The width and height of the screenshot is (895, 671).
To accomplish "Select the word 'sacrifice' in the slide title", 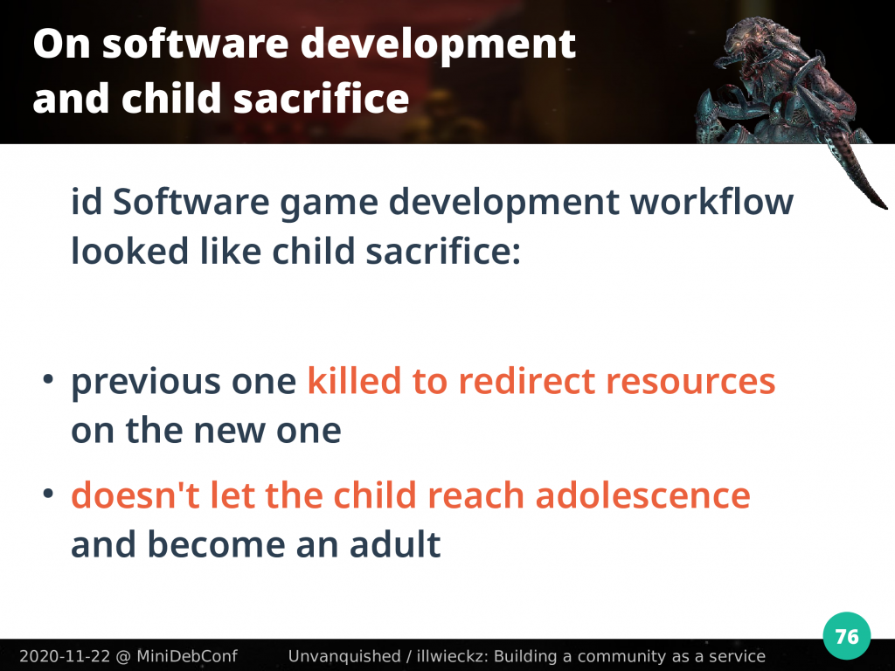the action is click(x=321, y=98).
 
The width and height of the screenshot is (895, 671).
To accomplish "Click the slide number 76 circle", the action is click(x=846, y=636).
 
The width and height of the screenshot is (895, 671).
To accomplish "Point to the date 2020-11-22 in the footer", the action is click(x=65, y=656).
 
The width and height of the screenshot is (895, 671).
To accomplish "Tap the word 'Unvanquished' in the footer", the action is click(x=344, y=656).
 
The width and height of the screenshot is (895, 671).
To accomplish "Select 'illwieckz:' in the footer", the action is click(x=452, y=656).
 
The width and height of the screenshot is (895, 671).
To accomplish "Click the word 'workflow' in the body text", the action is click(x=711, y=202).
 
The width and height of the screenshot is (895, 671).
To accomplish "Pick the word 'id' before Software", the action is click(x=87, y=202).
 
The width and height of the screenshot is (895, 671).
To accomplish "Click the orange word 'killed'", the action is click(x=354, y=381).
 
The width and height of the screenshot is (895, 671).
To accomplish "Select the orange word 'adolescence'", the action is click(x=642, y=495).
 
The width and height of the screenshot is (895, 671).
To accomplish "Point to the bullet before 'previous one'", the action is click(x=49, y=379).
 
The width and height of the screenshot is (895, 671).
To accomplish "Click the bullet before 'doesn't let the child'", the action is click(x=49, y=493).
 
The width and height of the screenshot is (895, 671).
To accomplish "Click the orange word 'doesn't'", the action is click(x=135, y=495).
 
